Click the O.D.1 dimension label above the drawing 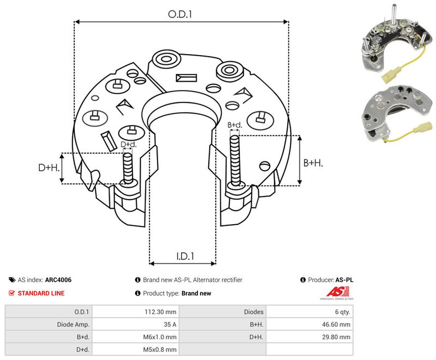pos(180,14)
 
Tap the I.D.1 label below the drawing pos(185,256)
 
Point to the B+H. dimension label pos(313,163)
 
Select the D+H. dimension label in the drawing pos(49,167)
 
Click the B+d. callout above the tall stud pos(235,125)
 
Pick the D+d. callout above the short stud pos(129,145)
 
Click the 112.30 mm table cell pos(160,312)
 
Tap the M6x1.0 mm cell pos(160,337)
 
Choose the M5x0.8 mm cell pos(160,350)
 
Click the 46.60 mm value pos(336,325)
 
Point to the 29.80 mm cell pos(336,337)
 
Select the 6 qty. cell pos(343,312)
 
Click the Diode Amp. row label pos(73,325)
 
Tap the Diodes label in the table pos(253,312)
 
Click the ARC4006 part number pos(58,280)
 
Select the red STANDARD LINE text pos(41,293)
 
